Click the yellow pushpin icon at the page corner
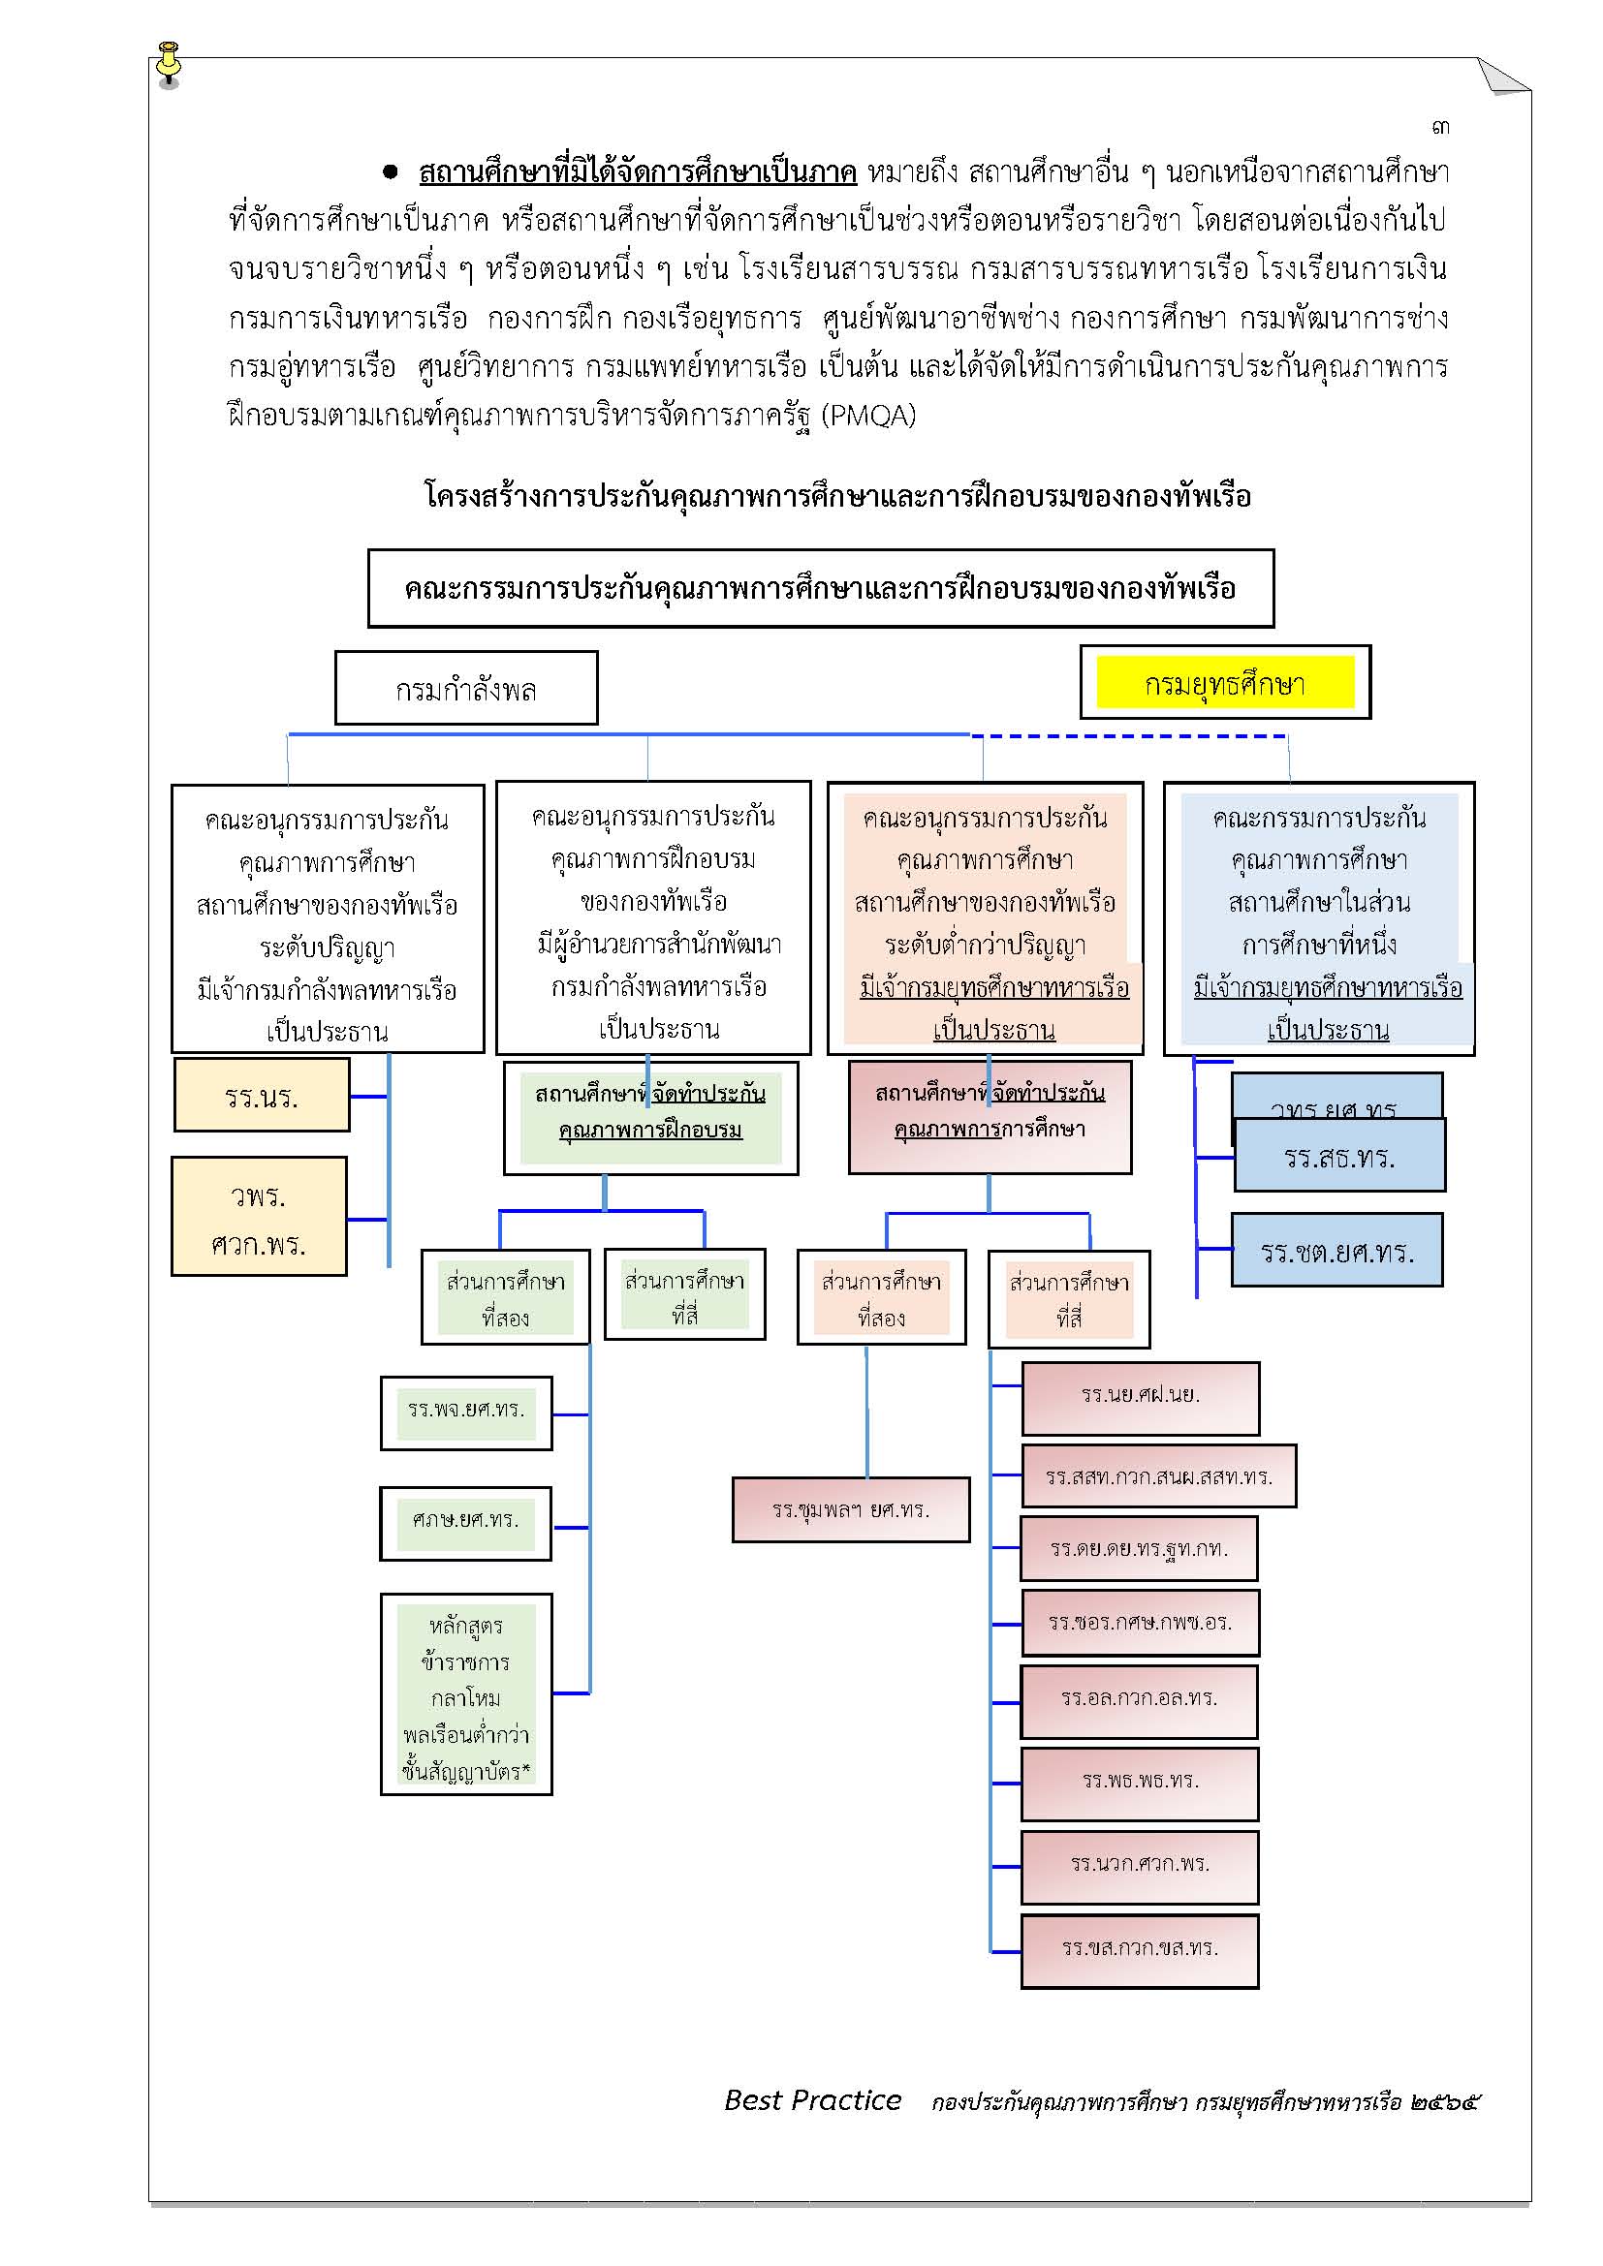coord(169,65)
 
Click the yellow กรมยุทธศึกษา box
coord(1225,682)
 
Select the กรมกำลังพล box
coord(466,688)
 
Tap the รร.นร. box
coord(262,1095)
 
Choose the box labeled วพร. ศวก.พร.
coord(260,1216)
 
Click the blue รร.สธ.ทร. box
coord(1339,1155)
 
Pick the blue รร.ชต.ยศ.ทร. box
coord(1337,1251)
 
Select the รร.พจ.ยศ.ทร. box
coord(466,1413)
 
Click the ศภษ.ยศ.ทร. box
coord(466,1524)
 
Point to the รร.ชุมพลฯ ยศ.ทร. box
coord(851,1509)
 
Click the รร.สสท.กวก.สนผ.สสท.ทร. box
coord(1159,1476)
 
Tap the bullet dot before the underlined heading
coord(391,172)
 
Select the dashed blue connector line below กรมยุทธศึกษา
coord(1128,735)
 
